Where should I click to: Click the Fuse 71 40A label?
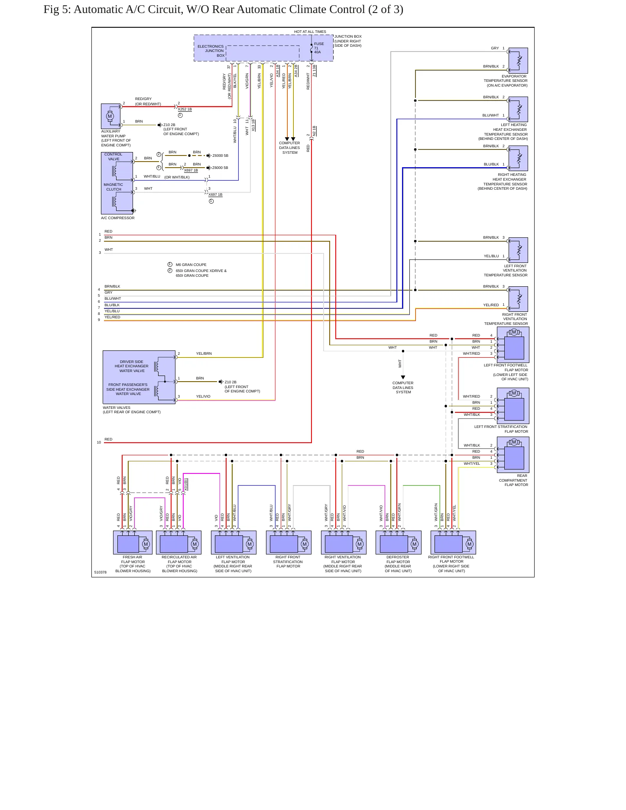click(x=318, y=48)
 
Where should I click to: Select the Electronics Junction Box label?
click(x=211, y=51)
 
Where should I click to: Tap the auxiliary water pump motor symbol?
click(x=110, y=116)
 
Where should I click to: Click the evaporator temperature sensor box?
click(x=518, y=61)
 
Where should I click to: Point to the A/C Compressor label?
click(x=118, y=218)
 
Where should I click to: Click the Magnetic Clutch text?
click(x=114, y=187)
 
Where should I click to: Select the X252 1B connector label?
click(x=185, y=110)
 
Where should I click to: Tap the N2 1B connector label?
click(x=315, y=131)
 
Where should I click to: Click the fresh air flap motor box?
click(x=133, y=542)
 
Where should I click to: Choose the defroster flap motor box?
click(x=399, y=542)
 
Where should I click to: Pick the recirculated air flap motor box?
click(x=178, y=542)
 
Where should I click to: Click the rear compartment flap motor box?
click(x=513, y=455)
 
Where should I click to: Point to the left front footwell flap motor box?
click(x=513, y=345)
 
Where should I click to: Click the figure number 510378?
click(x=101, y=572)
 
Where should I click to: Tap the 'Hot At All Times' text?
click(x=310, y=32)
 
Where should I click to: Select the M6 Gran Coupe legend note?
click(x=191, y=265)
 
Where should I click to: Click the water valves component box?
click(x=139, y=377)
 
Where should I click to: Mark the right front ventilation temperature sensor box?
click(x=518, y=299)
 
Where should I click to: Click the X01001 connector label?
click(x=186, y=484)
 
